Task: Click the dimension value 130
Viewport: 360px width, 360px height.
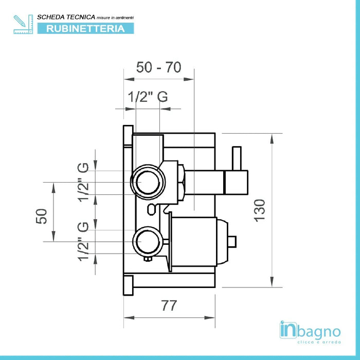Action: (259, 210)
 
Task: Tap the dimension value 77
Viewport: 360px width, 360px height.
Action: (169, 305)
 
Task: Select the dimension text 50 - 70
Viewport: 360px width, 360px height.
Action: (158, 67)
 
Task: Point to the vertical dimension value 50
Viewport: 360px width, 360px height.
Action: (42, 217)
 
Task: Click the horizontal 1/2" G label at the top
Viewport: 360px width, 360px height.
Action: (148, 97)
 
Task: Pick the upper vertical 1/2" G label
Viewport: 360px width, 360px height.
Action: (83, 182)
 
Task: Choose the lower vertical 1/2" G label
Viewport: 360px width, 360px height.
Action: (83, 242)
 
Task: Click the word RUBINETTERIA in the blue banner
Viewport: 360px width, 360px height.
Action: (85, 28)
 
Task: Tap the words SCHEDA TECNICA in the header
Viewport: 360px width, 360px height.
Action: (66, 17)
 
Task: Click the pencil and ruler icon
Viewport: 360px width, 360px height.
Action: (23, 24)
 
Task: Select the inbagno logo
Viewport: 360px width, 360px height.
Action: (310, 332)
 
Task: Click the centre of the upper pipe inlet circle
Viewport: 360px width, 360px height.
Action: (148, 182)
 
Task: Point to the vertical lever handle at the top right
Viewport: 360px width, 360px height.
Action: (237, 158)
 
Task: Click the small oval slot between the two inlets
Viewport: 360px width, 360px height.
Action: (152, 209)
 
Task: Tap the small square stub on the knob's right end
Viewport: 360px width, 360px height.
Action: (232, 242)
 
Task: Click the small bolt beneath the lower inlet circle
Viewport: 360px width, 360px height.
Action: (148, 259)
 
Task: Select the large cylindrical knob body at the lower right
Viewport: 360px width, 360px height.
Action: (194, 242)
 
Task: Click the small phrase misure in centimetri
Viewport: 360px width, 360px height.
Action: (115, 17)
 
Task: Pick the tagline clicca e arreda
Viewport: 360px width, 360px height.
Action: (319, 342)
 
